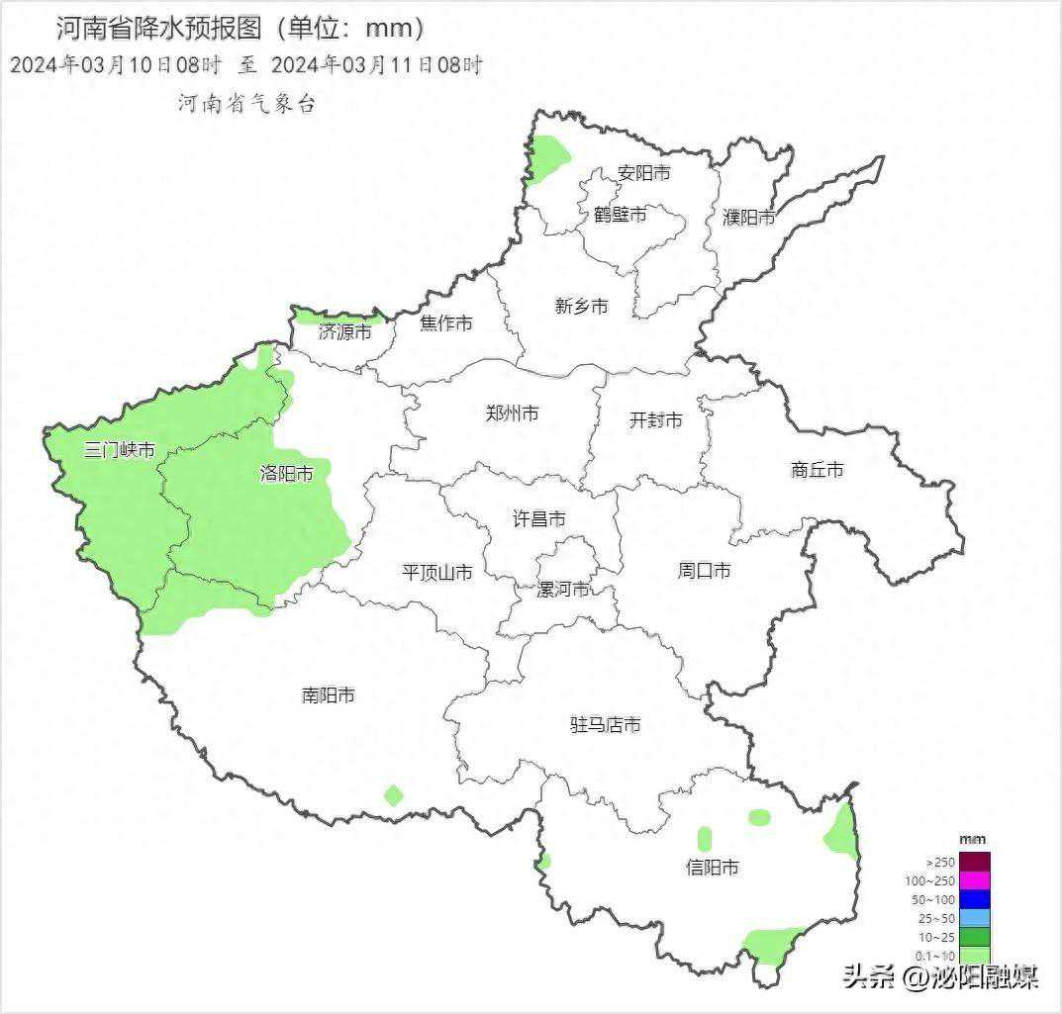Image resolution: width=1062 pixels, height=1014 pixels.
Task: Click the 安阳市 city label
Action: click(x=643, y=173)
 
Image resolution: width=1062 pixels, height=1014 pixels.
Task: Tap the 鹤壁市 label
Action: click(x=621, y=214)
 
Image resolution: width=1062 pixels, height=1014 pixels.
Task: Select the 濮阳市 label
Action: click(x=748, y=217)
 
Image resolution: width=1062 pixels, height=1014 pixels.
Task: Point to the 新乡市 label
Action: click(x=582, y=307)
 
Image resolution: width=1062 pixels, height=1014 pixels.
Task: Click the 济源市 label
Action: click(x=345, y=332)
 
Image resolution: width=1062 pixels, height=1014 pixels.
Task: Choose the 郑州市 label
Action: click(x=512, y=414)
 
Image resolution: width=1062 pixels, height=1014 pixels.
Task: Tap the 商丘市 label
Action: click(x=818, y=470)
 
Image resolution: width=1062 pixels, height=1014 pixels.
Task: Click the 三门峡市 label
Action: click(x=120, y=450)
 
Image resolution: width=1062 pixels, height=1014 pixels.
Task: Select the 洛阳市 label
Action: click(x=286, y=474)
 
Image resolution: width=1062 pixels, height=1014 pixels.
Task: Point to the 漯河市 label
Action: click(x=562, y=590)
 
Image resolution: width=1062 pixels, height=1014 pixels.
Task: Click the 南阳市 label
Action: click(x=329, y=695)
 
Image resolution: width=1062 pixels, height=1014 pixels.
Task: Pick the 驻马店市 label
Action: click(x=605, y=725)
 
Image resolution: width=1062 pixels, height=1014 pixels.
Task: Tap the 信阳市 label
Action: click(x=713, y=868)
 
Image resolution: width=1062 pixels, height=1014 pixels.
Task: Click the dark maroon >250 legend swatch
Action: click(x=975, y=862)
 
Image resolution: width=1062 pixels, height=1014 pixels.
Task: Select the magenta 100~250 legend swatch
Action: click(x=975, y=880)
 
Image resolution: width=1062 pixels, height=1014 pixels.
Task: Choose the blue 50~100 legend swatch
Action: click(x=975, y=899)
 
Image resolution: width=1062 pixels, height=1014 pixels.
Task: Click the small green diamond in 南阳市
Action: click(x=394, y=794)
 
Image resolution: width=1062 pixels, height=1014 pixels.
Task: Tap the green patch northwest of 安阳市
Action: click(x=546, y=158)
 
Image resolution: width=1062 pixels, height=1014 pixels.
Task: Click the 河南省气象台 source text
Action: click(x=246, y=103)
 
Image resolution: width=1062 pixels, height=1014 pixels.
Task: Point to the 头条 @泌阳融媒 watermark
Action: click(x=940, y=978)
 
